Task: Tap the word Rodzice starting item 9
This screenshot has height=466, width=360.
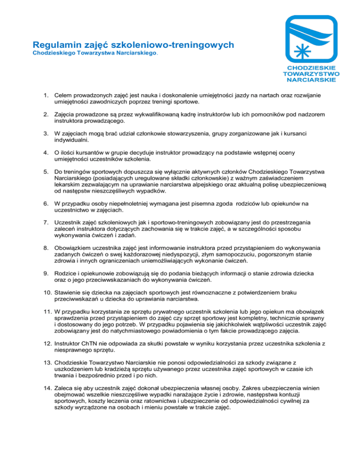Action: pos(67,272)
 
